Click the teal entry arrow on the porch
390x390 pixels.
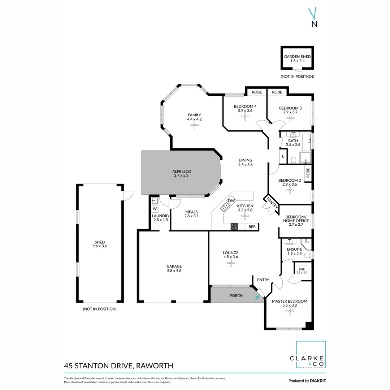(x=257, y=298)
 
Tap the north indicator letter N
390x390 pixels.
(x=315, y=25)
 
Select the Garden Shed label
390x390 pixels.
(x=297, y=57)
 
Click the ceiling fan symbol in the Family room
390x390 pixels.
(x=194, y=125)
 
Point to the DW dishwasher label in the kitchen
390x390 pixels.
(x=231, y=201)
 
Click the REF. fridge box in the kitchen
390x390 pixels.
(x=252, y=227)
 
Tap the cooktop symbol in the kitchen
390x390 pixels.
(x=234, y=227)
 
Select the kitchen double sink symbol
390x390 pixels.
(x=225, y=206)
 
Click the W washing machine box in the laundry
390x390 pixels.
(x=155, y=209)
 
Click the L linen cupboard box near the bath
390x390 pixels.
(x=283, y=157)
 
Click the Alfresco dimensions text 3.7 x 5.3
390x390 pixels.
(x=181, y=175)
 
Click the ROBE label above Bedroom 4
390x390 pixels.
(x=257, y=92)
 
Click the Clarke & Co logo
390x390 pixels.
(x=311, y=355)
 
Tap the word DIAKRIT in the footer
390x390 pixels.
(x=318, y=381)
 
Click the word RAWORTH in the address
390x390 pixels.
(x=155, y=365)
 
